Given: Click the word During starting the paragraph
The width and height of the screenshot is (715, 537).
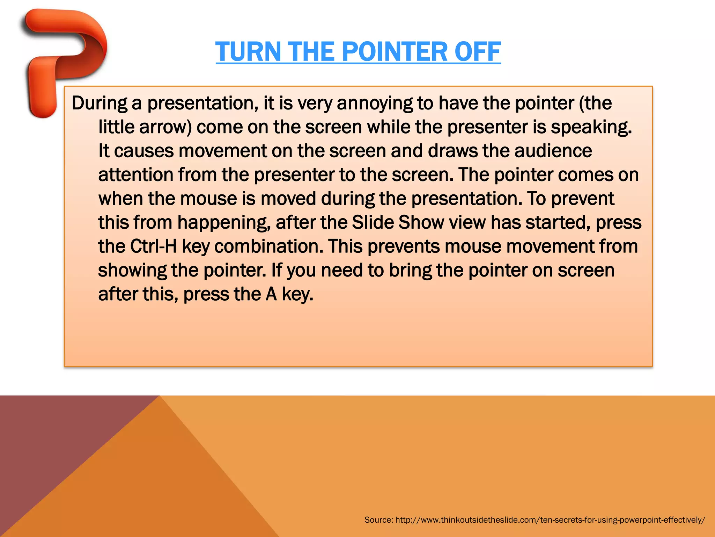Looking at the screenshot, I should pos(99,103).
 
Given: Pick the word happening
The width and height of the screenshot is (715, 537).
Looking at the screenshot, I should pos(224,223).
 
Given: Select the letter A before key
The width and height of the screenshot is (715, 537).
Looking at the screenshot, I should pos(271,294).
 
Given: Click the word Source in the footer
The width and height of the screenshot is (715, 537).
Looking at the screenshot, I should pos(378,520).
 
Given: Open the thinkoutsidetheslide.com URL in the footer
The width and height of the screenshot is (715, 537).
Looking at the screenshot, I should pos(550,520).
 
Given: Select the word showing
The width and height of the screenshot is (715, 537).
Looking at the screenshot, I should pos(132,270).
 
